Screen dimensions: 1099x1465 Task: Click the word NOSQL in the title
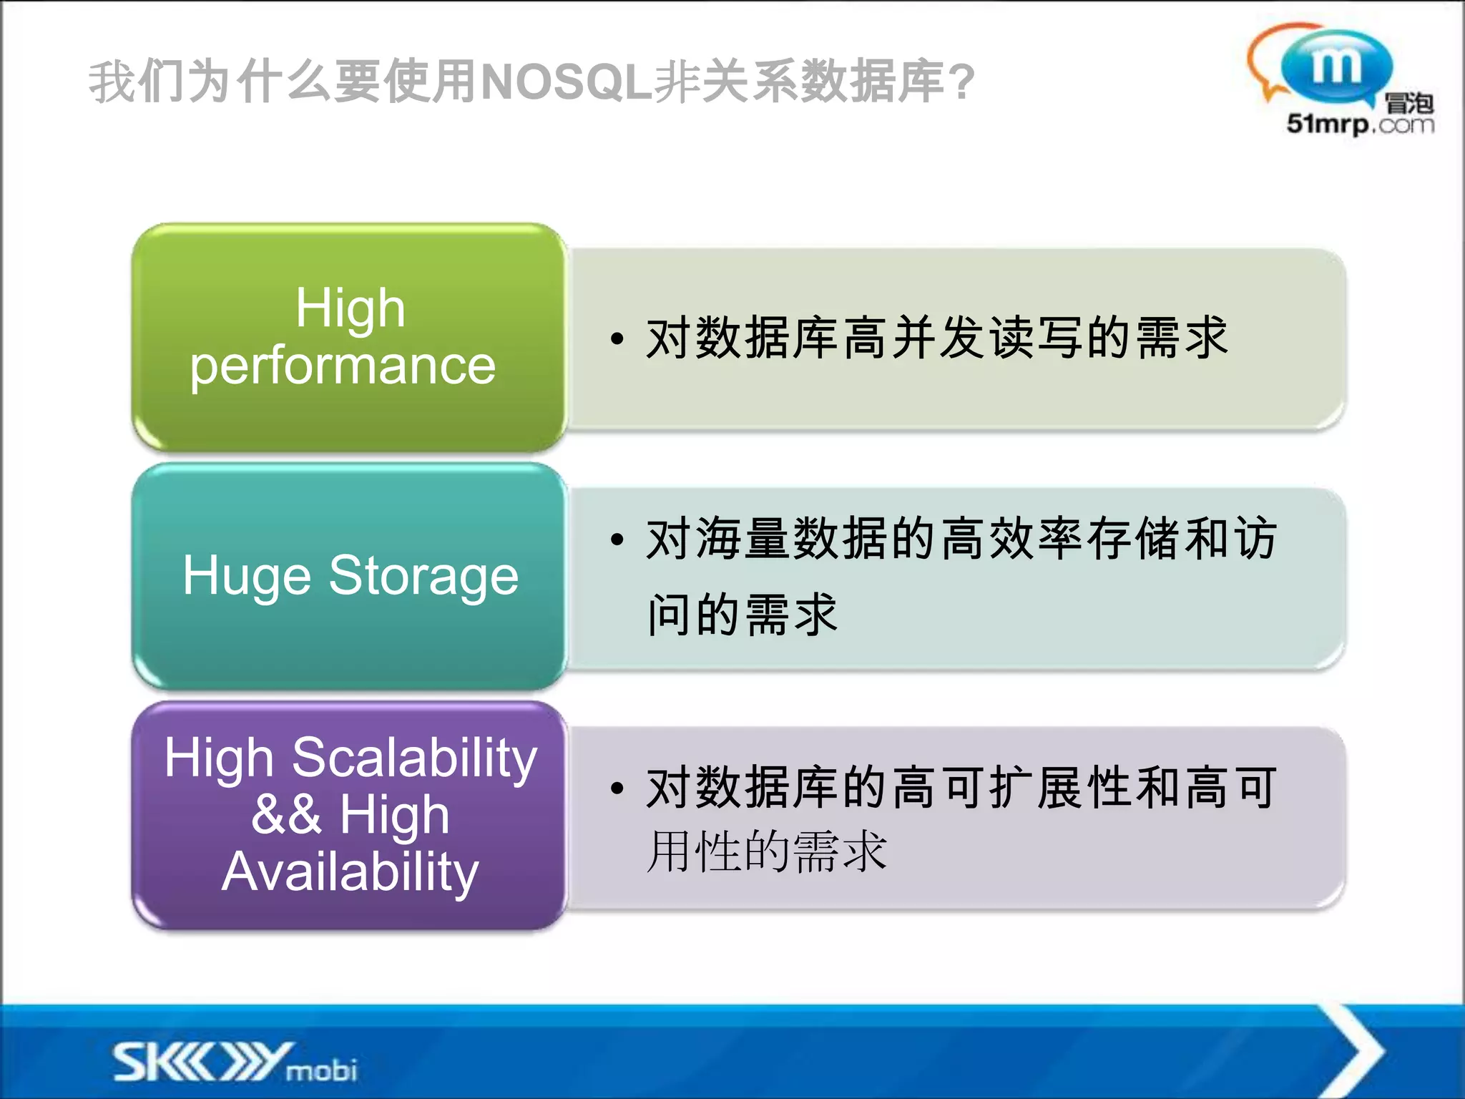click(x=565, y=82)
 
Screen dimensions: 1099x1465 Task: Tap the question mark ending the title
click(x=963, y=82)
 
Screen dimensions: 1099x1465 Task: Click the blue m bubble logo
click(x=1335, y=67)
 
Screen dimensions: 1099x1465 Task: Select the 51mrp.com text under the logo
click(x=1360, y=124)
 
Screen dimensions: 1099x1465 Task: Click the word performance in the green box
click(x=343, y=366)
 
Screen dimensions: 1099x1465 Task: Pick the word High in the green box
click(x=351, y=308)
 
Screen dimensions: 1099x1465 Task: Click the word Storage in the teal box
click(x=423, y=577)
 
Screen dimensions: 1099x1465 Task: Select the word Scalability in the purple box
click(x=414, y=758)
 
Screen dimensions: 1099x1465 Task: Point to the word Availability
click(x=350, y=872)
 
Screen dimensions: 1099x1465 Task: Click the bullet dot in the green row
click(x=617, y=338)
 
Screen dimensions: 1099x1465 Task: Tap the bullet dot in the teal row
click(x=617, y=539)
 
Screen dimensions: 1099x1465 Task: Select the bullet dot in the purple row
click(x=617, y=788)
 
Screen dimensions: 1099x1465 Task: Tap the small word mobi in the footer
click(x=321, y=1070)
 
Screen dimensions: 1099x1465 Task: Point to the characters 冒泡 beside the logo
click(x=1408, y=104)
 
